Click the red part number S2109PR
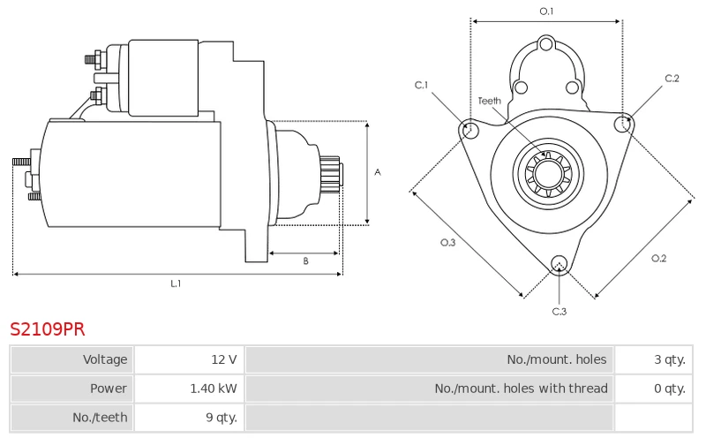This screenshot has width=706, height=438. (48, 329)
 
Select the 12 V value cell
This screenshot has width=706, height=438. (189, 359)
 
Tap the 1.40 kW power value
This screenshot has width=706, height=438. (189, 389)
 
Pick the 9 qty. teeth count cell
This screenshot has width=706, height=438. (189, 418)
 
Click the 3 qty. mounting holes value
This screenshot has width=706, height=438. (654, 359)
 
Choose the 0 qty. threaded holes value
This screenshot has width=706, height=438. (654, 389)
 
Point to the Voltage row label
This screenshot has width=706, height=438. (105, 359)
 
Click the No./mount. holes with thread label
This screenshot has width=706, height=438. (521, 389)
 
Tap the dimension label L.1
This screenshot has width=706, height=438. (176, 283)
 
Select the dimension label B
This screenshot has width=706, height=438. (305, 261)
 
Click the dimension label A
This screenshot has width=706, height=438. (378, 172)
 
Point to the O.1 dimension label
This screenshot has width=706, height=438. (546, 11)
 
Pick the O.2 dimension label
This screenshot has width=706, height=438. (658, 258)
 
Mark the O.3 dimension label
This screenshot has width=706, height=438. (448, 243)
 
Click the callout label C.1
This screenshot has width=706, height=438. (422, 85)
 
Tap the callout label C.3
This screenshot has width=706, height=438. (560, 312)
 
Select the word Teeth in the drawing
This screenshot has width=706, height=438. (490, 101)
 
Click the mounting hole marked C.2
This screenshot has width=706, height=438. (624, 124)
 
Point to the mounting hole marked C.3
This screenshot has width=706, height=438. (560, 265)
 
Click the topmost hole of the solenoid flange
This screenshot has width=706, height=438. (546, 45)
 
